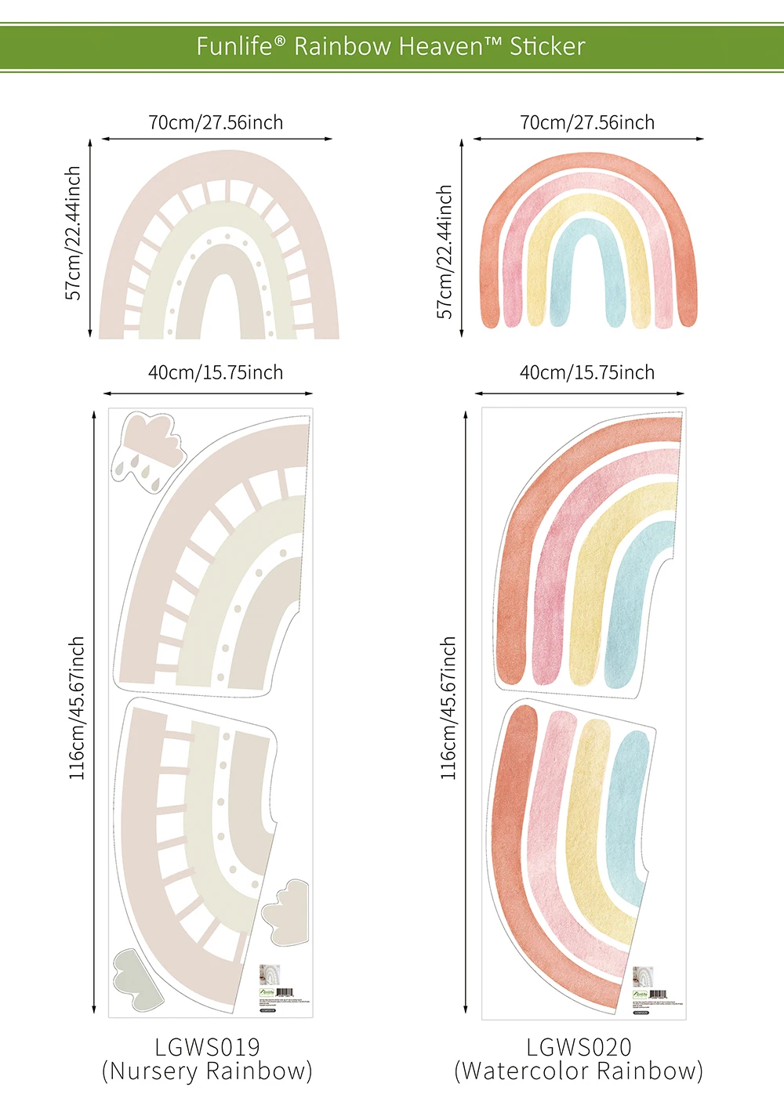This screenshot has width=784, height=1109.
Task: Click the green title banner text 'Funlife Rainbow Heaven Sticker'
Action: pyautogui.click(x=390, y=46)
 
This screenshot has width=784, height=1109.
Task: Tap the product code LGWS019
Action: pyautogui.click(x=207, y=1047)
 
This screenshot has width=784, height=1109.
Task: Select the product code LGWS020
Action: pyautogui.click(x=579, y=1047)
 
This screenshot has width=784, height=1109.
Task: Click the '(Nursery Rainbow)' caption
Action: pyautogui.click(x=207, y=1071)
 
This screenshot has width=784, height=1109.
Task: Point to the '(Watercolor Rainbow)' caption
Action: pyautogui.click(x=579, y=1071)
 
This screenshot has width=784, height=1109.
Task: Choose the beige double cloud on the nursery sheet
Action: pyautogui.click(x=287, y=909)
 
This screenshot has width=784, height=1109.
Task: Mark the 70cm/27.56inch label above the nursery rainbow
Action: pyautogui.click(x=216, y=123)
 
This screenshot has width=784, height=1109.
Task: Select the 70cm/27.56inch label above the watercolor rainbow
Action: pyautogui.click(x=587, y=123)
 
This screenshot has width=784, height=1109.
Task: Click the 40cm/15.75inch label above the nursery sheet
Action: pyautogui.click(x=216, y=373)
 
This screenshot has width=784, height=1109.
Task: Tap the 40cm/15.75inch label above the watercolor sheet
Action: pyautogui.click(x=587, y=373)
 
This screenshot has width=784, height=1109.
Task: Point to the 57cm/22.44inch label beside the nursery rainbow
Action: pyautogui.click(x=73, y=233)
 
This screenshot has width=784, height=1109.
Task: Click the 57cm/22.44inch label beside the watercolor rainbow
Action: pyautogui.click(x=445, y=251)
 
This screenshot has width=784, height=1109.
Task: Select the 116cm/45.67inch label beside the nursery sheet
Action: pyautogui.click(x=76, y=708)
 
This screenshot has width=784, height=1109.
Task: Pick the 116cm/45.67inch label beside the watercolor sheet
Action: pyautogui.click(x=448, y=708)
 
